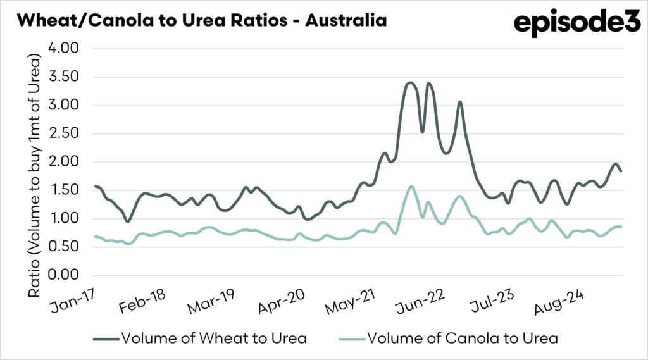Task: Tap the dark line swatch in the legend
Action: (108, 338)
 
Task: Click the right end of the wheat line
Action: (621, 171)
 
